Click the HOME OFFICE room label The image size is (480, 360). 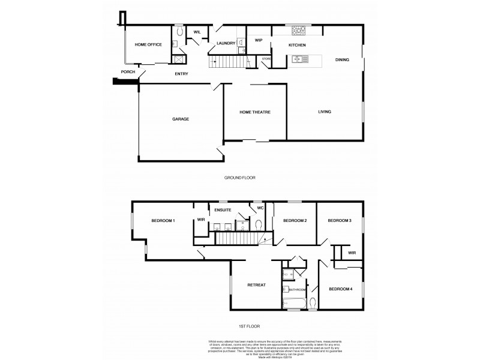coord(148,45)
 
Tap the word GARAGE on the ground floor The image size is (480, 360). coord(181,119)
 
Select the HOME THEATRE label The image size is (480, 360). coord(254,112)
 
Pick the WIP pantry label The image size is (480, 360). coord(259,40)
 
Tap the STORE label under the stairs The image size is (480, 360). coord(266,59)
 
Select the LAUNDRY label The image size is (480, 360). coord(226,43)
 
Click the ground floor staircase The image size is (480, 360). coord(226,62)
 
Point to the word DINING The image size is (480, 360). coord(342,59)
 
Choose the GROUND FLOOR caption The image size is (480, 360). coord(239,178)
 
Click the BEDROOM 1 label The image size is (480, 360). coord(163,221)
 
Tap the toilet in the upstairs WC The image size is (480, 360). coord(259,224)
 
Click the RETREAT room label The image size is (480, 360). coord(256,285)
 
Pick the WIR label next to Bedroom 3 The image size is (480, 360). coord(352,253)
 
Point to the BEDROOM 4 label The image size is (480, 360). coord(340,289)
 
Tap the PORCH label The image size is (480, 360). coord(128,72)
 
